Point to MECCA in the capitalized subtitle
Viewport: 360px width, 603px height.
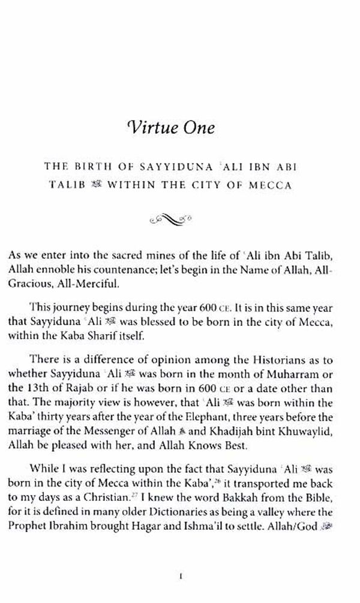click(272, 185)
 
